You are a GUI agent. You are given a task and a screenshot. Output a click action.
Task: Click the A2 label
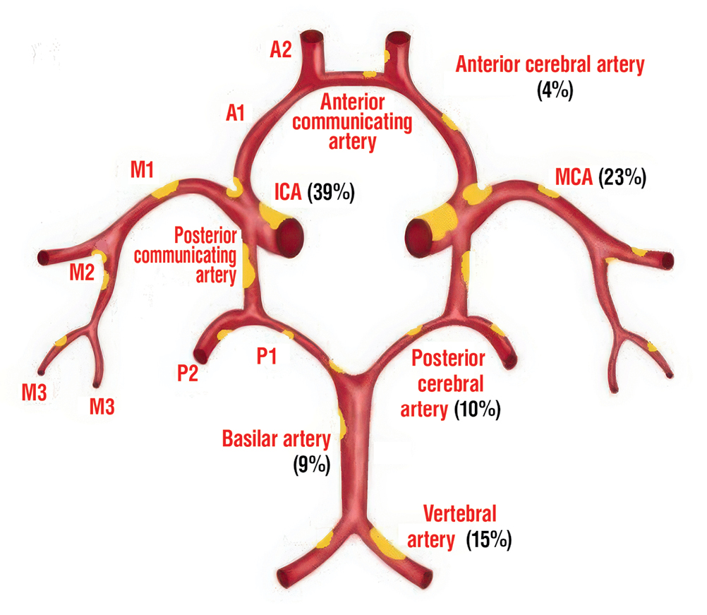[x=281, y=50]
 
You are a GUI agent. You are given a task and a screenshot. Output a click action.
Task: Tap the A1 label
[x=234, y=112]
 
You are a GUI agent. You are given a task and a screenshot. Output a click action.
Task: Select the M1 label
[x=142, y=169]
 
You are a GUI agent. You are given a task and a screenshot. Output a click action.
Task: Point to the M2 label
[x=82, y=272]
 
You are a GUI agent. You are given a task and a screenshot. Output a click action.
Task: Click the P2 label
[x=187, y=372]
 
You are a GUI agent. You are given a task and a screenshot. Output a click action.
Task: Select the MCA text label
[x=574, y=178]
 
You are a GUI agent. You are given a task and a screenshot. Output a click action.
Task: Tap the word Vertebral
[x=459, y=513]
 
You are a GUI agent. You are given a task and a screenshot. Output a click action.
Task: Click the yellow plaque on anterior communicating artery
[x=368, y=73]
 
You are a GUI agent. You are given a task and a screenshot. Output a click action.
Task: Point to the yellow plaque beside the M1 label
[x=167, y=189]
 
